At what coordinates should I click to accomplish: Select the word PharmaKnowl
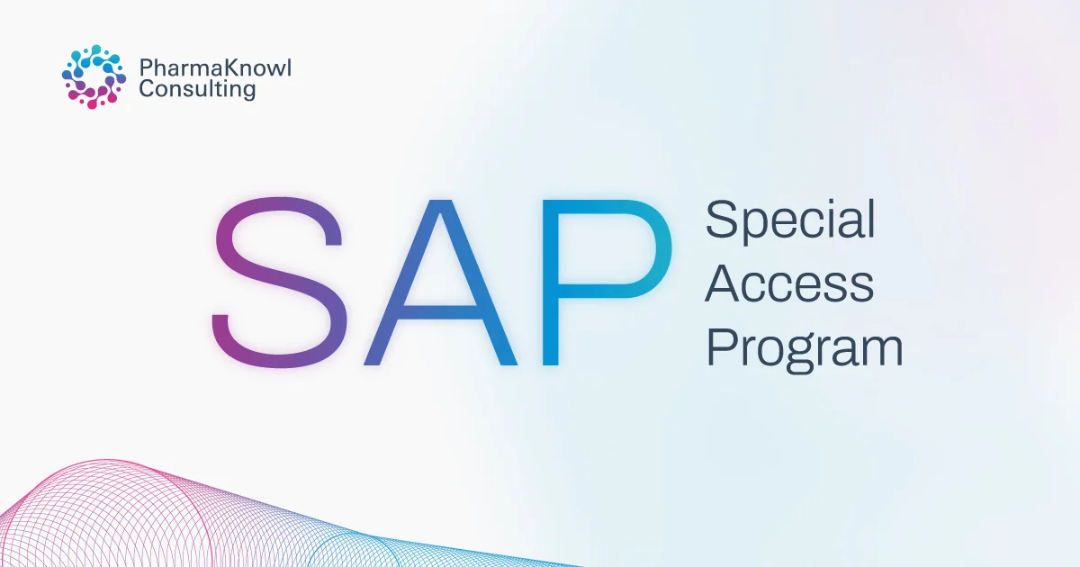point(215,68)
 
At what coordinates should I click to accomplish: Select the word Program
point(804,348)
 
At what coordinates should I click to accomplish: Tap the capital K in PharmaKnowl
point(225,68)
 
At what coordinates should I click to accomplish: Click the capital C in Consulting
point(147,89)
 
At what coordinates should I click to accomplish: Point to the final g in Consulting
point(248,93)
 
